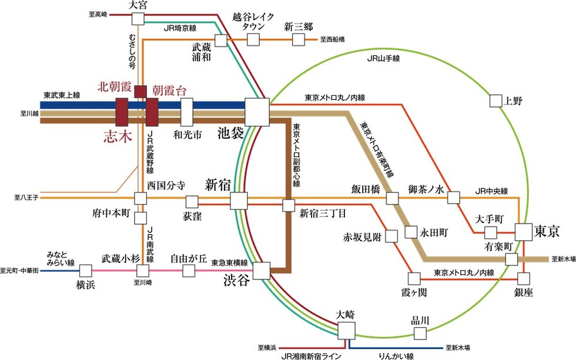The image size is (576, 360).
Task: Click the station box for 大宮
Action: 138,19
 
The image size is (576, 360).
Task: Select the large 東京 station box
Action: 524,232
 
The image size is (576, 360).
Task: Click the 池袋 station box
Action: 257,112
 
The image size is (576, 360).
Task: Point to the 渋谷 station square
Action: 262,271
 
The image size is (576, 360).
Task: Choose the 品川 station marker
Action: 420,334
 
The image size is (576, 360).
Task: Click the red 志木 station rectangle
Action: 122,112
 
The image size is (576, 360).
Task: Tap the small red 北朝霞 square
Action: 140,91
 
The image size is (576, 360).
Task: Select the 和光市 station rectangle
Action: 187,112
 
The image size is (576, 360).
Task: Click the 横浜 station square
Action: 86,271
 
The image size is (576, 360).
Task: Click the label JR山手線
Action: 383,59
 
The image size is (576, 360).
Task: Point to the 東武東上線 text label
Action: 61,95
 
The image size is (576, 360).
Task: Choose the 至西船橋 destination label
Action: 333,39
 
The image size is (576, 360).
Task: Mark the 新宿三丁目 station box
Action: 288,206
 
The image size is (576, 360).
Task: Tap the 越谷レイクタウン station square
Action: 253,39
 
